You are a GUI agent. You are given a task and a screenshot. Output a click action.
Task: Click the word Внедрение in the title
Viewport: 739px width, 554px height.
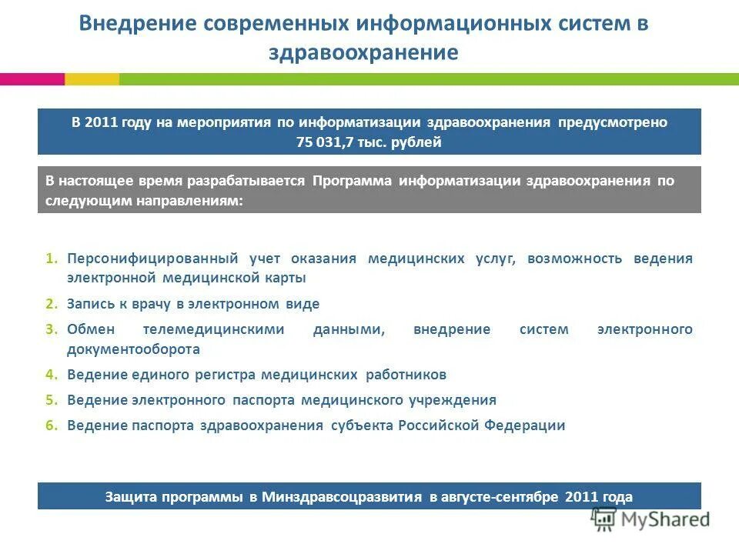pyautogui.click(x=136, y=23)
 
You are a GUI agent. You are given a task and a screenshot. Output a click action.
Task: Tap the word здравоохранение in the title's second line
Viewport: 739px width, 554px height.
pyautogui.click(x=363, y=52)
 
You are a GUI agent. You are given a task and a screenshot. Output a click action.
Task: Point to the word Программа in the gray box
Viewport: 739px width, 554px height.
pyautogui.click(x=353, y=181)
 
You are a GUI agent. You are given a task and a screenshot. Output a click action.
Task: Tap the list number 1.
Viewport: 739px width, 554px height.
pyautogui.click(x=51, y=259)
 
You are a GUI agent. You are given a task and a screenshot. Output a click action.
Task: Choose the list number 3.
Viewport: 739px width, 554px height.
pyautogui.click(x=51, y=329)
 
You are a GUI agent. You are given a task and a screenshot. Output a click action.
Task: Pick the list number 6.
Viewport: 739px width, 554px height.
pyautogui.click(x=51, y=426)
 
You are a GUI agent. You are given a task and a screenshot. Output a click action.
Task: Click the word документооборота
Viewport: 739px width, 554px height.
pyautogui.click(x=133, y=349)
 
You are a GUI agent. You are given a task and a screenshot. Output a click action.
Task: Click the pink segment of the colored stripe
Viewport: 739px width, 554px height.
pyautogui.click(x=32, y=78)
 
